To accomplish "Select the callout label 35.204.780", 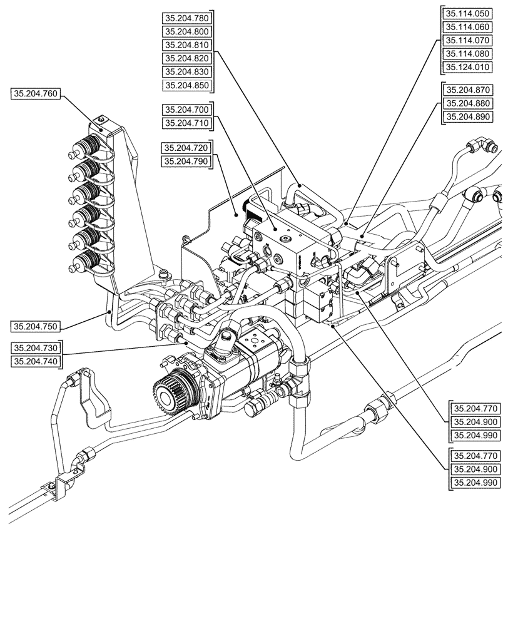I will click(186, 18).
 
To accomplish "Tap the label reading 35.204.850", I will click(186, 86).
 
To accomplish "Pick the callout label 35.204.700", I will click(186, 110).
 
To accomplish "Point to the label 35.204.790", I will click(186, 162).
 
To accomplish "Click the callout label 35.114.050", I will click(467, 13).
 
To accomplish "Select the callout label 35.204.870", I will click(467, 90).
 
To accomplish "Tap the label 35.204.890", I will click(467, 117).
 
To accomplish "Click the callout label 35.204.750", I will click(35, 326).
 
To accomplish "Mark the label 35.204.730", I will click(35, 347).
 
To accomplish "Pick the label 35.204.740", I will click(35, 361).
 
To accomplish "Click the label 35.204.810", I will click(186, 45).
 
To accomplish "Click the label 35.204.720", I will click(186, 148).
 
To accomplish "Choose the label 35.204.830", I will click(186, 72).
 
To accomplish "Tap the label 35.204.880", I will click(467, 103).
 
